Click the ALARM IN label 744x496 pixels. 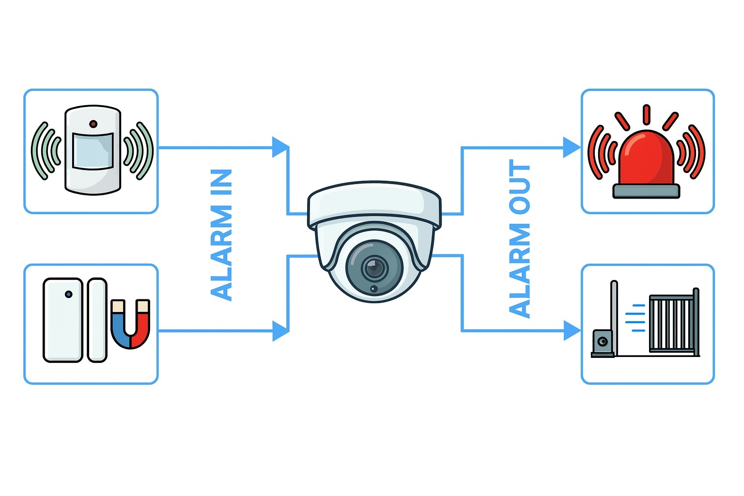point(222,235)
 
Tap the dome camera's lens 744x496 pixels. point(374,267)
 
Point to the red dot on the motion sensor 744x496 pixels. point(93,124)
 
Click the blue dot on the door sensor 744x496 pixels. point(69,294)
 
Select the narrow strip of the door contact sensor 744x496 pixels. point(97,320)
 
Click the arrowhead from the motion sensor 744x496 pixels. point(280,147)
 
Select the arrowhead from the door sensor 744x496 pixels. point(280,331)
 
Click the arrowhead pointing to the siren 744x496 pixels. point(572,147)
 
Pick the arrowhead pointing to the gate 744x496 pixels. point(572,331)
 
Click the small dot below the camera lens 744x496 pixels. point(373,289)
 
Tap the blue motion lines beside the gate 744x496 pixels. point(635,318)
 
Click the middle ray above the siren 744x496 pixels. point(646,114)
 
